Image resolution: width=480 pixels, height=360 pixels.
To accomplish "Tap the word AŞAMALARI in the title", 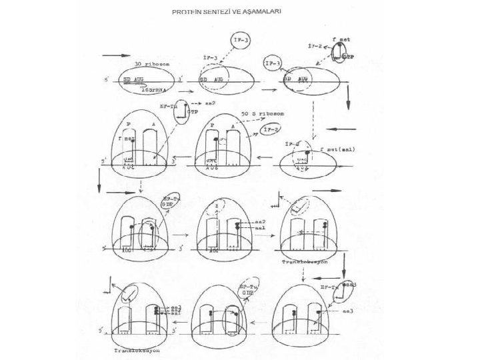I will (262, 12).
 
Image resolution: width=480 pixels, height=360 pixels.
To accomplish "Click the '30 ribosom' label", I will (153, 64).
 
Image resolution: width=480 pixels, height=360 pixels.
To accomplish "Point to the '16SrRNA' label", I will (155, 89).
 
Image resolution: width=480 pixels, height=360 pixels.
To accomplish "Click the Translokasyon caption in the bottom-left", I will (136, 349).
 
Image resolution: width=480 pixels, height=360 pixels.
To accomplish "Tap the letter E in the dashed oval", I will (216, 208).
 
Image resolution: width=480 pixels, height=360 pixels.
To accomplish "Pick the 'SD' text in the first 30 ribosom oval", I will (127, 79).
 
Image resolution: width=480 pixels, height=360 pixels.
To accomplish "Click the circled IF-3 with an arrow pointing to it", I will (273, 65).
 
